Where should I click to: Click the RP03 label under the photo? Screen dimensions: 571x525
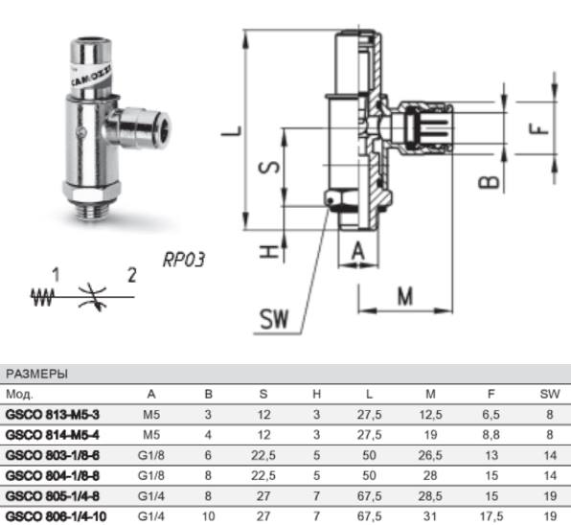pyautogui.click(x=184, y=260)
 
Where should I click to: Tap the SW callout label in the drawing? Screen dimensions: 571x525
pyautogui.click(x=274, y=319)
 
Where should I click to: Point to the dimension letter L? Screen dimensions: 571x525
pyautogui.click(x=232, y=131)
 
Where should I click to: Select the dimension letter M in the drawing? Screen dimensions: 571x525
pyautogui.click(x=405, y=296)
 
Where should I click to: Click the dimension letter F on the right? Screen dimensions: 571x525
pyautogui.click(x=538, y=129)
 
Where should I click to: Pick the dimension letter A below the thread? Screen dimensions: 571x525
pyautogui.click(x=358, y=251)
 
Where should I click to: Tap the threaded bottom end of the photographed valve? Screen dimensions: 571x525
pyautogui.click(x=91, y=210)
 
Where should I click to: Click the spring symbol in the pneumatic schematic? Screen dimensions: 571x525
pyautogui.click(x=42, y=297)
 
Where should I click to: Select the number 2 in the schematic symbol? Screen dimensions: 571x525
pyautogui.click(x=132, y=275)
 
